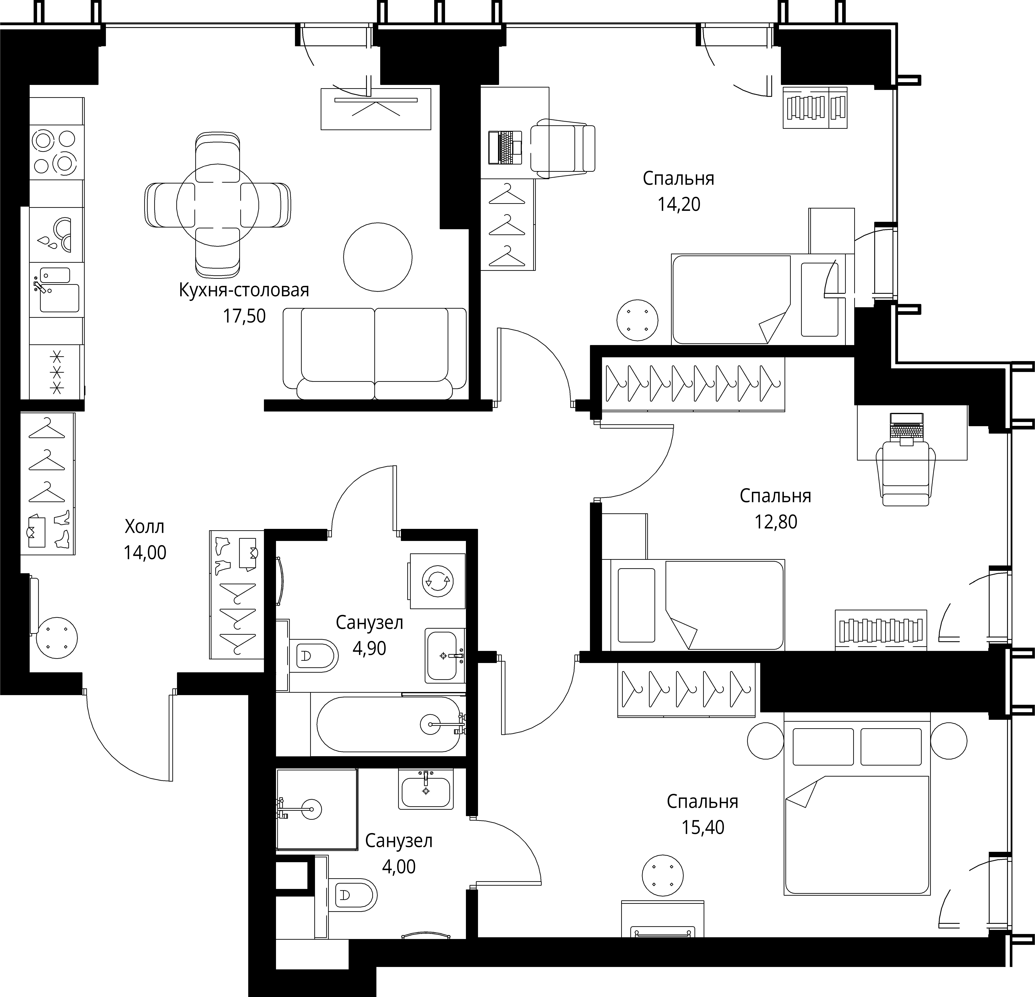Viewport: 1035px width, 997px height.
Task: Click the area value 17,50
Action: click(244, 316)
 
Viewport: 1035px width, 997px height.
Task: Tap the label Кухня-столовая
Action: click(244, 290)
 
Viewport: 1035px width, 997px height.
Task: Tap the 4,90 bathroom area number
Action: click(369, 648)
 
